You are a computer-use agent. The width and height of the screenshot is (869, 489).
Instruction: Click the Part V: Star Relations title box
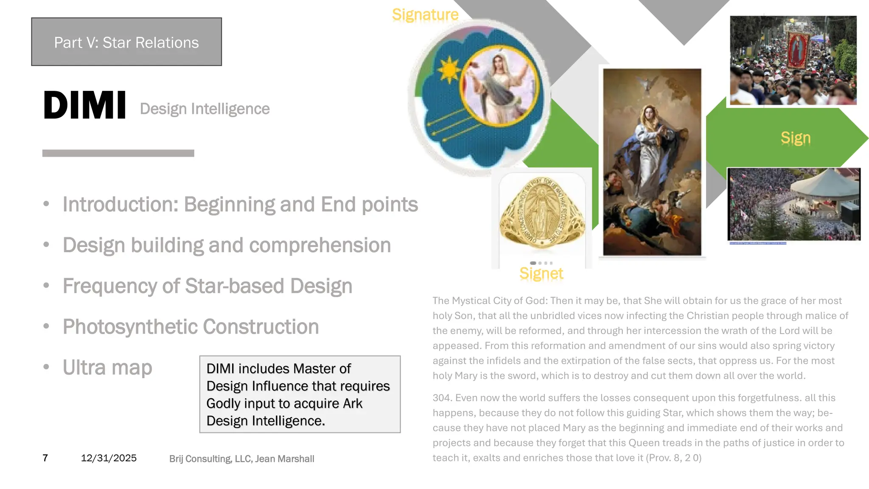click(x=126, y=42)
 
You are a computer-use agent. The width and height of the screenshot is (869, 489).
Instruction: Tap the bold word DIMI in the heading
click(x=85, y=105)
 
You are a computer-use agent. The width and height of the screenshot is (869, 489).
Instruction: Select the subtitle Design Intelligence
click(x=205, y=109)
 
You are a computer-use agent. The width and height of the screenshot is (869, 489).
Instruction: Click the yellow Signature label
click(x=425, y=15)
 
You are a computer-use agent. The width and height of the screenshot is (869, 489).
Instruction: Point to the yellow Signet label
click(x=541, y=274)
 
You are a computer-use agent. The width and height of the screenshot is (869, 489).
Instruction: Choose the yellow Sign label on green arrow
click(x=796, y=138)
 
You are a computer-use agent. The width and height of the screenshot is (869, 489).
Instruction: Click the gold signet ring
click(x=541, y=213)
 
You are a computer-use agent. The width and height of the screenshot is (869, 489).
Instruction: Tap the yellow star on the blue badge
click(x=449, y=70)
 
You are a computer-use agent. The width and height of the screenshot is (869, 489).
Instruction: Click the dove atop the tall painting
click(x=648, y=84)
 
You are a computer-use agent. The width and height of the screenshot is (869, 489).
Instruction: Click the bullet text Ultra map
click(x=107, y=368)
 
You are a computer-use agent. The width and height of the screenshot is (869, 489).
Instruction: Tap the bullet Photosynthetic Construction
click(x=191, y=327)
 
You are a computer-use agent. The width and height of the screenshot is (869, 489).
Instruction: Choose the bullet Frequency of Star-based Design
click(x=207, y=286)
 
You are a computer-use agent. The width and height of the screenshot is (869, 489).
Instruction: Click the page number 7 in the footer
click(x=45, y=458)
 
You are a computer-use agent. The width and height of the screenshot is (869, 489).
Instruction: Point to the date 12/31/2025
click(x=109, y=458)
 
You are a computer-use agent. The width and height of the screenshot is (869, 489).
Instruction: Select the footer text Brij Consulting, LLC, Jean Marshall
click(x=241, y=459)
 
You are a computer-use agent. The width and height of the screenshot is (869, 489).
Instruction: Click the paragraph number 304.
click(x=441, y=398)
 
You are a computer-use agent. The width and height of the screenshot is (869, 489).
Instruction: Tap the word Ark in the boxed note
click(x=353, y=404)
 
